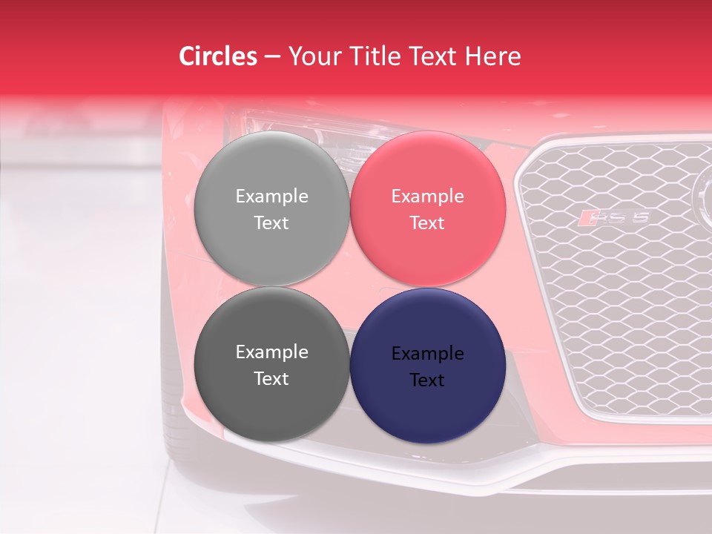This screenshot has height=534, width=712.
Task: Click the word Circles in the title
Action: (218, 56)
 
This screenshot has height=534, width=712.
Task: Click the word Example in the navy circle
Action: (427, 354)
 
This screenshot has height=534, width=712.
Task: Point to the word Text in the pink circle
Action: (427, 223)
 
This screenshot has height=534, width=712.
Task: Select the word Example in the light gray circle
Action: (271, 197)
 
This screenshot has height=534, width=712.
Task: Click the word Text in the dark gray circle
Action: (271, 379)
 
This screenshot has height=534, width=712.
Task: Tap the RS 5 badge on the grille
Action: (615, 217)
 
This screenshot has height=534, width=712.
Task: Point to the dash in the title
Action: (272, 56)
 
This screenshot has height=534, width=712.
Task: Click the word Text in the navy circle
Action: (427, 380)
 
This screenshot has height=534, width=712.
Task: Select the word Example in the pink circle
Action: (427, 197)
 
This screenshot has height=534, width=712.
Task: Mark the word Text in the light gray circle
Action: (271, 223)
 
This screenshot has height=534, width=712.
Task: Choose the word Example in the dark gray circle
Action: (271, 352)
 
